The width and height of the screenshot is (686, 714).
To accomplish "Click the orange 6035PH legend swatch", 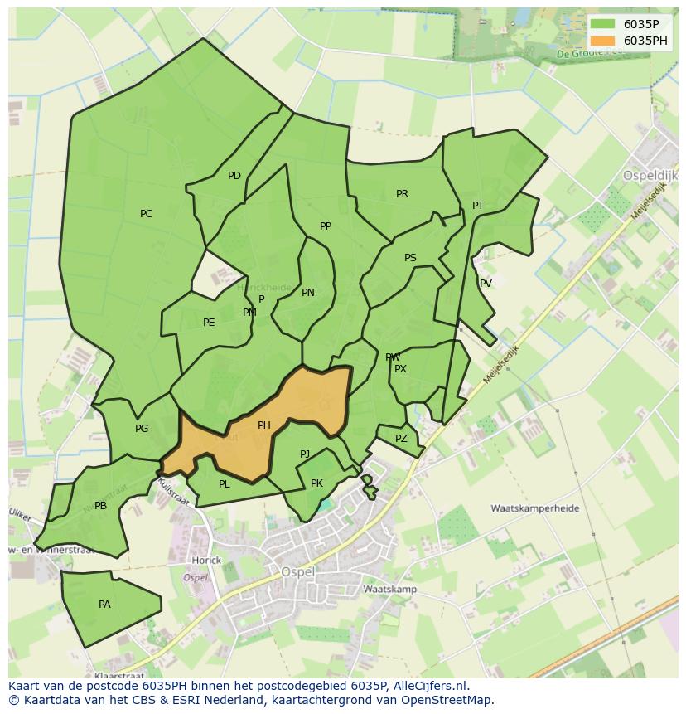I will coord(603,41).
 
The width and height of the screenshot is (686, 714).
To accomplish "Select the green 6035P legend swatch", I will coord(603,24).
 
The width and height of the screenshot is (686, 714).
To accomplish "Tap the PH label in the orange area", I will coord(263,425).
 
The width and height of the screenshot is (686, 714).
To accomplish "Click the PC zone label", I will coord(146,214).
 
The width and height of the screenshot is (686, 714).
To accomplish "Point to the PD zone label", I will coord(234,176).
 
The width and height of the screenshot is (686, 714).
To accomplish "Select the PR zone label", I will coord(402,194).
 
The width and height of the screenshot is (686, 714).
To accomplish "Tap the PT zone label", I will coord(478,206).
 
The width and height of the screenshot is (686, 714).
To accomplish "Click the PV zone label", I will coord(486,284).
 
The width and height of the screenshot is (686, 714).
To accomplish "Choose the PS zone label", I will coord(410,258).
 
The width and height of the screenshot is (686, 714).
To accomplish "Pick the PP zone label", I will coord(326,226).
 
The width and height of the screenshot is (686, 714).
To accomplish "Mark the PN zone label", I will coord(308,293).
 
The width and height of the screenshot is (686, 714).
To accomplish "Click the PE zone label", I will coord(209,323).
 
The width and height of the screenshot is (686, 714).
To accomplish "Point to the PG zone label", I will coord(142,429).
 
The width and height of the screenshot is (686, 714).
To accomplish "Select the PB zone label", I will coord(100,506).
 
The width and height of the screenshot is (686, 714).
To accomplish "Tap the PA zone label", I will coord(104,605).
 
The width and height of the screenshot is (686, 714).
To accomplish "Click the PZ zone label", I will coord(401,439).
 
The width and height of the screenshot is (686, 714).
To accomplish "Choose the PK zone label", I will coord(316,483).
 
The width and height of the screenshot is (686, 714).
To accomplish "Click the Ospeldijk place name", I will coord(650,176).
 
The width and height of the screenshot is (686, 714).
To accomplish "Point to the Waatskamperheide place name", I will coord(534,508).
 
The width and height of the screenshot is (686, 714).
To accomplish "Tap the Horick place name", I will coord(206,561).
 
